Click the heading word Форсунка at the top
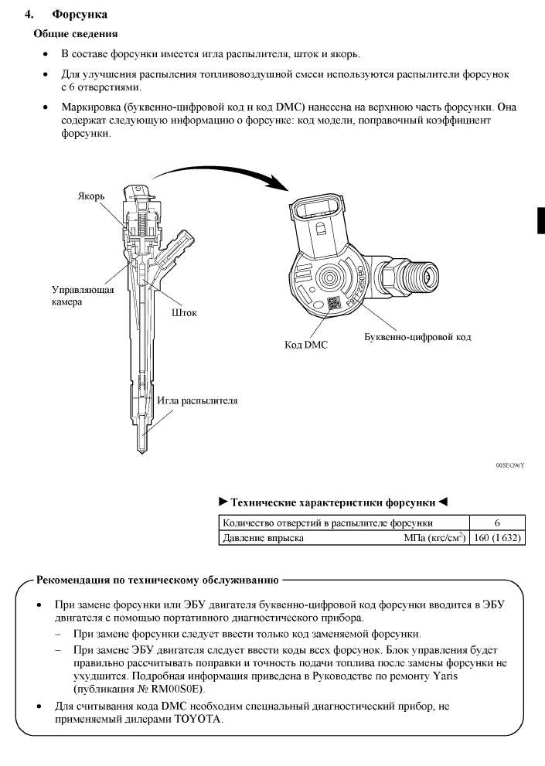[80, 15]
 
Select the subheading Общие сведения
[75, 34]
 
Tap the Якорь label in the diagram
[90, 196]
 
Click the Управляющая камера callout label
[83, 296]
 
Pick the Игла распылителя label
[197, 401]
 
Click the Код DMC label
[306, 345]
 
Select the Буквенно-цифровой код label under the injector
[417, 337]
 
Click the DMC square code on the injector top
[333, 304]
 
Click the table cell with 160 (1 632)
[496, 537]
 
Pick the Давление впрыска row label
[263, 537]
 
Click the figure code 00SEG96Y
[510, 466]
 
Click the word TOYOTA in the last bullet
[199, 719]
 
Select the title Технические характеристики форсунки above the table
[333, 502]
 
